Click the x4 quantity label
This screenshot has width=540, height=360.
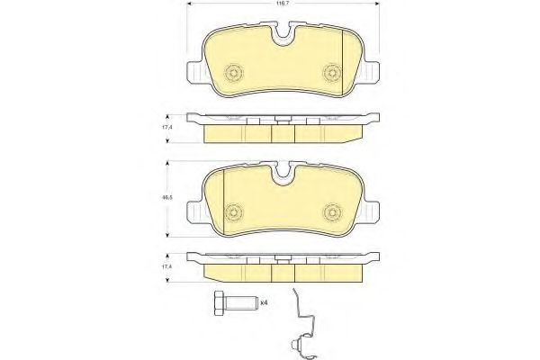pos(264,302)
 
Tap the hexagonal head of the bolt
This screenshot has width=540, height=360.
pos(220,303)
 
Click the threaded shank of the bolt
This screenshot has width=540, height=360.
pos(241,303)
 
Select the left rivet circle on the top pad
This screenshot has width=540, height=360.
pos(233,73)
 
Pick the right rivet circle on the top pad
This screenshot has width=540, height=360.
pos(332,73)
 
